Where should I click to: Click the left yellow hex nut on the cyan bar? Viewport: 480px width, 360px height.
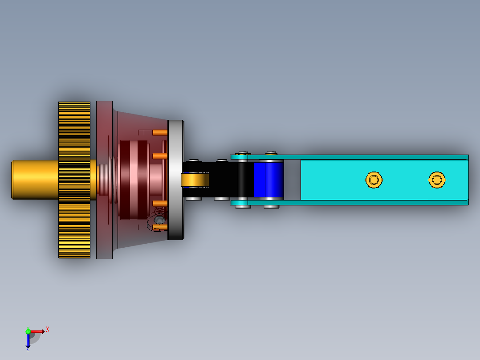pos(374,180)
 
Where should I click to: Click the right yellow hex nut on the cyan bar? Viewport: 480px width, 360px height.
pos(437,180)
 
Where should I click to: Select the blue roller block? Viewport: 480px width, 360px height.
pos(269,180)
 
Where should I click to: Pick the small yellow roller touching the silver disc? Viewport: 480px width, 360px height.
pos(194,180)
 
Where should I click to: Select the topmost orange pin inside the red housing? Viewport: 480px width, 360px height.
pos(159,132)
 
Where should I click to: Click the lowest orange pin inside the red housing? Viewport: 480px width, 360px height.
pos(159,227)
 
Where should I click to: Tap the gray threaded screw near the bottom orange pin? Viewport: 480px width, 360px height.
pos(159,219)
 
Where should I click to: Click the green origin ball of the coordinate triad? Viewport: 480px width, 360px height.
pos(28,331)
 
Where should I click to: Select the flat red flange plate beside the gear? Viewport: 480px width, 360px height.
pos(104,134)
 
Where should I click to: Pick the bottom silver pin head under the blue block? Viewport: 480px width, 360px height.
pos(271,206)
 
